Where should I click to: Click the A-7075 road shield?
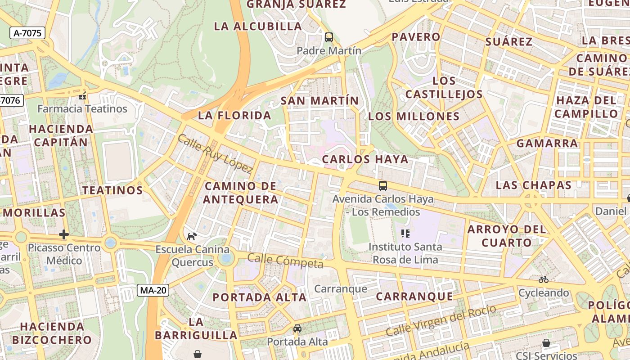click(x=27, y=33)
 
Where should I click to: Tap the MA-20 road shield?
click(x=153, y=290)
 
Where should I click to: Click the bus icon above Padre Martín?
click(x=329, y=37)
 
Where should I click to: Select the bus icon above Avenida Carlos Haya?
click(x=382, y=186)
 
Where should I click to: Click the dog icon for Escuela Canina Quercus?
click(x=192, y=236)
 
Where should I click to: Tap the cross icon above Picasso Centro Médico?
click(x=64, y=234)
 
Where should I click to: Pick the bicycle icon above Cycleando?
click(x=544, y=279)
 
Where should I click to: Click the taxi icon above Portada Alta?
click(x=297, y=328)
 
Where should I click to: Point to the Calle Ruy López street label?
click(x=215, y=153)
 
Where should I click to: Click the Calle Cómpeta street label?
click(x=285, y=261)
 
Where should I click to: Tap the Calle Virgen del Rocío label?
click(x=441, y=320)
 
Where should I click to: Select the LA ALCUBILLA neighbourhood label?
click(x=258, y=26)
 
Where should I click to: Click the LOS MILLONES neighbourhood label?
click(x=414, y=117)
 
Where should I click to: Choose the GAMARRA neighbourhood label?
click(x=547, y=144)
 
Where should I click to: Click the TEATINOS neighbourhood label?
click(x=112, y=190)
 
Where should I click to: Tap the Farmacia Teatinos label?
click(x=82, y=109)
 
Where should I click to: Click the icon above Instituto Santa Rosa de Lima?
click(x=405, y=233)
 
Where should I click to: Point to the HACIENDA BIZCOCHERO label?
click(x=52, y=333)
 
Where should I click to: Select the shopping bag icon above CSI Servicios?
click(x=546, y=343)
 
